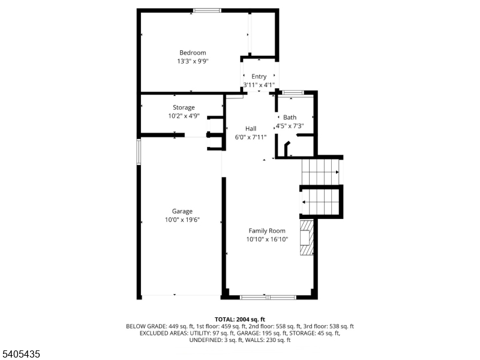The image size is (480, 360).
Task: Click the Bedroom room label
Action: pos(193,53)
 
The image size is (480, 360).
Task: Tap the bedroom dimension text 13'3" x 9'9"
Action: pos(193,61)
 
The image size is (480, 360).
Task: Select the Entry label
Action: pos(259,76)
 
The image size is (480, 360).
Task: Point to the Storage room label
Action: pos(184,107)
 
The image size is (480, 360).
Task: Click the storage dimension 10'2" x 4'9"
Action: pos(184,116)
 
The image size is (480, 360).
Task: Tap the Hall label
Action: pos(251,128)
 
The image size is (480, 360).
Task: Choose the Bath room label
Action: pos(290,117)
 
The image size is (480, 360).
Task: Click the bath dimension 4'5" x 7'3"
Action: pos(290,126)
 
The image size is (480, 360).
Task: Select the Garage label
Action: pos(182,211)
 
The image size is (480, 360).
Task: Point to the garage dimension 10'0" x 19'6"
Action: pos(182,220)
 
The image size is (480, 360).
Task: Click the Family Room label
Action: pos(267,230)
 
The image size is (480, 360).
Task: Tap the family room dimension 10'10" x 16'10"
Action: pos(267,239)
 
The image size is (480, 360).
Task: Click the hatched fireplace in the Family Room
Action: pos(307,238)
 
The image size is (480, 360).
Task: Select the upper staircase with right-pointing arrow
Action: pos(320,172)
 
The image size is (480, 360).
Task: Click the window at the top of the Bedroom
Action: pos(207,10)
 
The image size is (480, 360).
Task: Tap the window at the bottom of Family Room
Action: pos(268,296)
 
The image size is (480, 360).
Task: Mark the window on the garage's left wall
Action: pos(139,152)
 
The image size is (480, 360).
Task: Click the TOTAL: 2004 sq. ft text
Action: pos(240,319)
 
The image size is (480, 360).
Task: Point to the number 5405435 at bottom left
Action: pos(21,355)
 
